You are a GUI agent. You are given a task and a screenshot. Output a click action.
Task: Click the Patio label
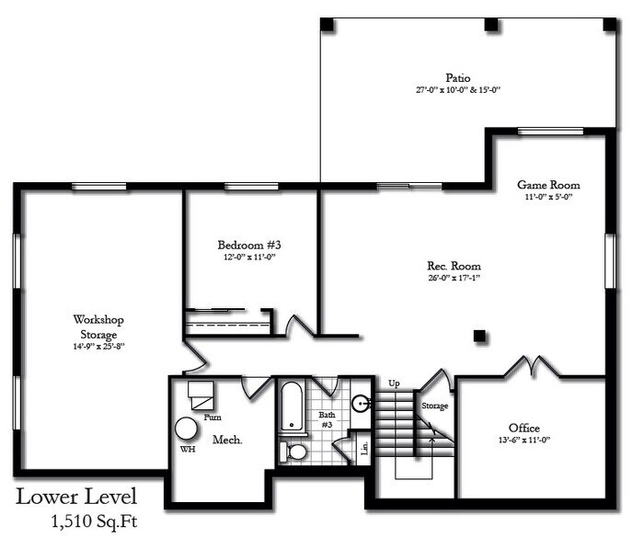[458, 77]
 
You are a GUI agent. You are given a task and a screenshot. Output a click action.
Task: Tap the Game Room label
[548, 185]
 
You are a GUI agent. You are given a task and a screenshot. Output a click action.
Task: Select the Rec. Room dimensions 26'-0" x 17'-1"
[454, 278]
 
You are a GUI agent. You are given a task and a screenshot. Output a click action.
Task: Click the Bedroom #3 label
[249, 246]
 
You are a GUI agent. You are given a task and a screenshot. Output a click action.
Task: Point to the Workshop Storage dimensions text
[98, 346]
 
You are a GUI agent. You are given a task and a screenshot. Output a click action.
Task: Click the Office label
[524, 428]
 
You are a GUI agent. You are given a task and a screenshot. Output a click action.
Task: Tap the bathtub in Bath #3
[292, 407]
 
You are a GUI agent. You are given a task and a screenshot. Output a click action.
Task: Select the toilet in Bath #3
[293, 452]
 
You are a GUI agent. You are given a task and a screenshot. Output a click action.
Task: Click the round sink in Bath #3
[361, 403]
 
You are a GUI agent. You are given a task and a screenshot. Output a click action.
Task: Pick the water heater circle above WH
[187, 429]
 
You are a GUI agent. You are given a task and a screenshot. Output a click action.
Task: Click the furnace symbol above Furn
[201, 395]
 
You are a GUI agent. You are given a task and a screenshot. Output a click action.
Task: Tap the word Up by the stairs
[394, 384]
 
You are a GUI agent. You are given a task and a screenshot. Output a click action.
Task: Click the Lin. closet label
[364, 448]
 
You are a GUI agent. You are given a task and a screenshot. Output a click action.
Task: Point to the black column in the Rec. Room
[479, 336]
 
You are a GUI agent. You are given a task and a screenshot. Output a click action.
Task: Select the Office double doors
[532, 366]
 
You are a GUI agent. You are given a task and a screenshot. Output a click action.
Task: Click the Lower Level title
[76, 497]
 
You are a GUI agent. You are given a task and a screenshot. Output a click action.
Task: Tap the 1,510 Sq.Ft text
[94, 521]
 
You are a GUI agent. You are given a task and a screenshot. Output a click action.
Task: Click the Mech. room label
[227, 440]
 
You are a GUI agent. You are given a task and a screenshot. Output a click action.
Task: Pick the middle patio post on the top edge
[490, 25]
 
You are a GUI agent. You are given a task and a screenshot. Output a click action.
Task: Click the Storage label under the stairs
[435, 406]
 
